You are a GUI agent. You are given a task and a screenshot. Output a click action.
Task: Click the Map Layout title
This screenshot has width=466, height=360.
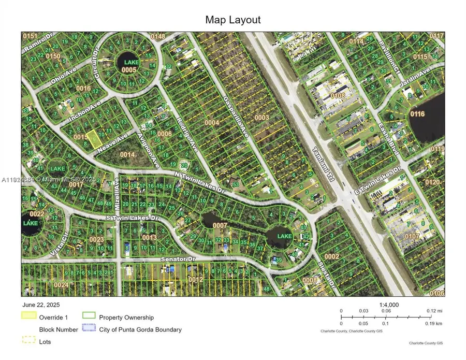233,20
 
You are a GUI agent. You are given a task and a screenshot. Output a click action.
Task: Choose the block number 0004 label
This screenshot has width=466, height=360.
212,123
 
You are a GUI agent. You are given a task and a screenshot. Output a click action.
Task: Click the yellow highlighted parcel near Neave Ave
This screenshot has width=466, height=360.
93,139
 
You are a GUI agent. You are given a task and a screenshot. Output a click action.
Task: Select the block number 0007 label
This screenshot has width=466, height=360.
220,225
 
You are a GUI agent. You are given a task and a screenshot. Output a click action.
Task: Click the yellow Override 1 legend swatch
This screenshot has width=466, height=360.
29,315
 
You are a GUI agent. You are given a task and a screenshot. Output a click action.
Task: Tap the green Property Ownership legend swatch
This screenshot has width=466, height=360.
89,315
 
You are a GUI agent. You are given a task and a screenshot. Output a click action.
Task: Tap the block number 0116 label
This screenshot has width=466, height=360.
417,114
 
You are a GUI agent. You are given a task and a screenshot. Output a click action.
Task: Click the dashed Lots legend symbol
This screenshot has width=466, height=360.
29,340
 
